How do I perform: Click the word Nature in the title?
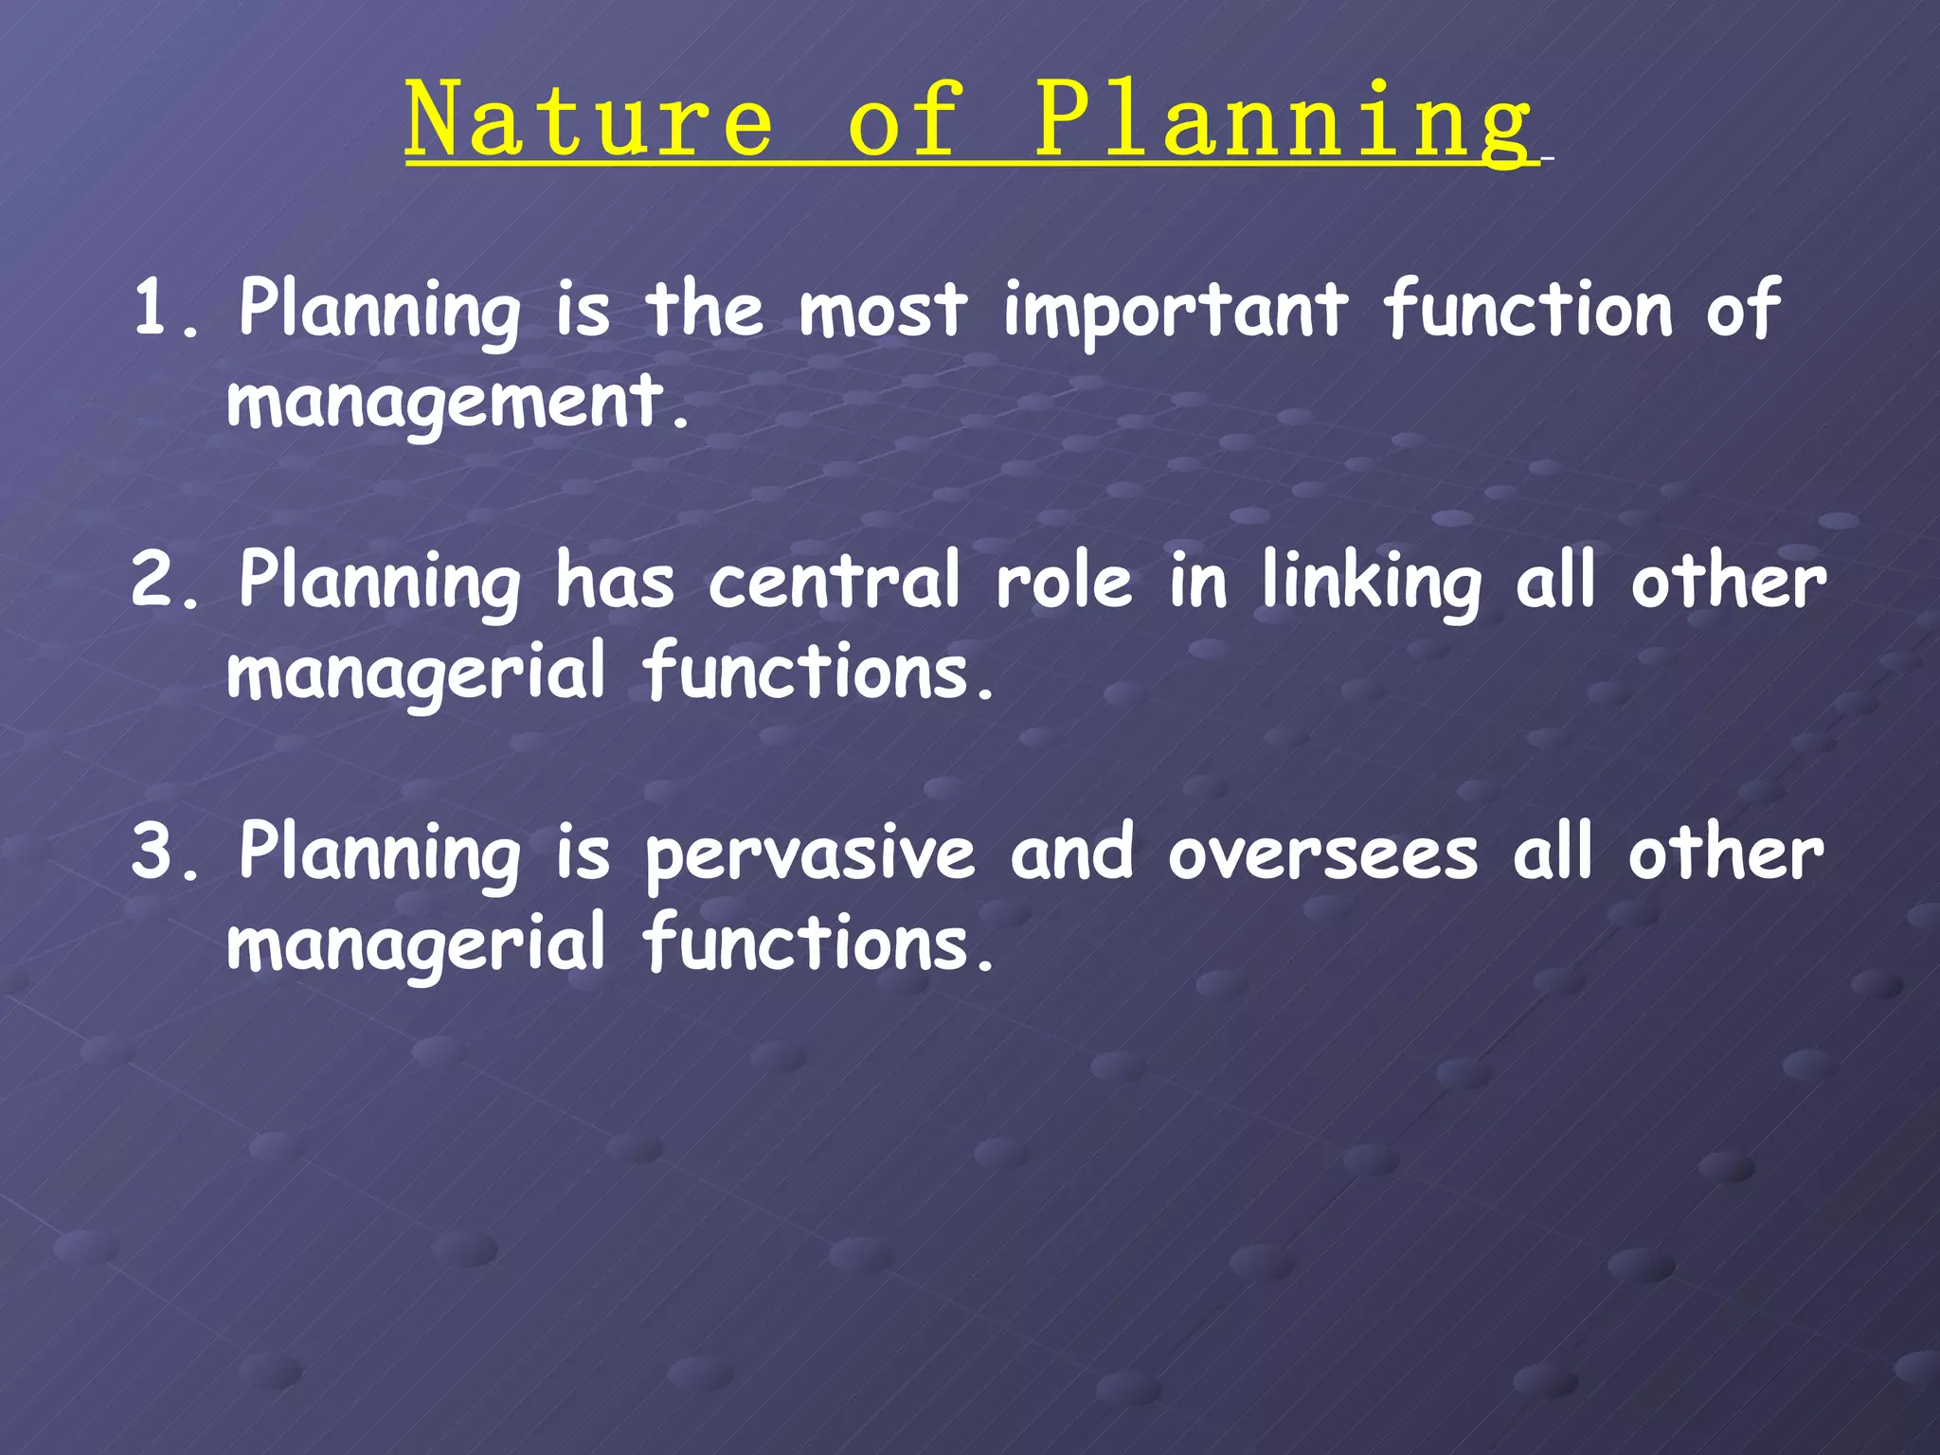click(x=589, y=121)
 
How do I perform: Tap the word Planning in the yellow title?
click(x=1283, y=121)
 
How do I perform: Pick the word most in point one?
click(x=883, y=311)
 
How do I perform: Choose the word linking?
click(x=1372, y=583)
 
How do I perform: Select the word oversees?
click(x=1322, y=853)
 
